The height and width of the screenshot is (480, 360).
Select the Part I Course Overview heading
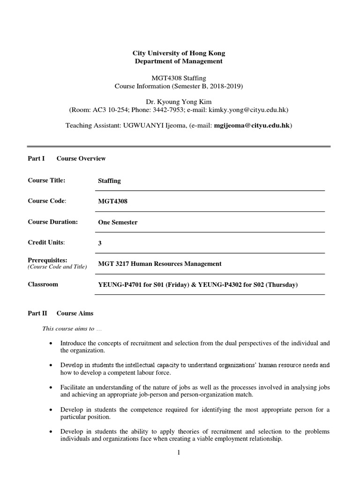pyautogui.click(x=67, y=158)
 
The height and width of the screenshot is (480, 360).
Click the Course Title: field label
pyautogui.click(x=46, y=180)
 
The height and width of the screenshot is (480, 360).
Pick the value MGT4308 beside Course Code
pyautogui.click(x=112, y=202)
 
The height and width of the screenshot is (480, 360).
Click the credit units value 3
pyautogui.click(x=100, y=243)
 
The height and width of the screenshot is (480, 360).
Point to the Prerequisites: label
pyautogui.click(x=48, y=260)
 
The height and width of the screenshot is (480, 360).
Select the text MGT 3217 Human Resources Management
pyautogui.click(x=159, y=264)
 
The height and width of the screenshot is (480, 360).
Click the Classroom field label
pyautogui.click(x=43, y=284)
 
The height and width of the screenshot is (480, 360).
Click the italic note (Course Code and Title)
pyautogui.click(x=57, y=267)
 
